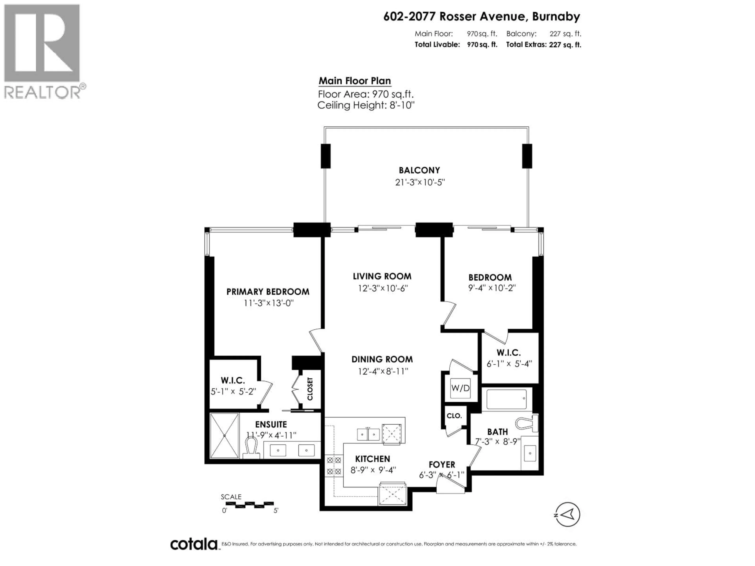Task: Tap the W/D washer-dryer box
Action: pos(460,388)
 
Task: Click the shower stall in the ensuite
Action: pos(224,436)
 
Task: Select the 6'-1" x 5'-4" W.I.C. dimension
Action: pos(509,364)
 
